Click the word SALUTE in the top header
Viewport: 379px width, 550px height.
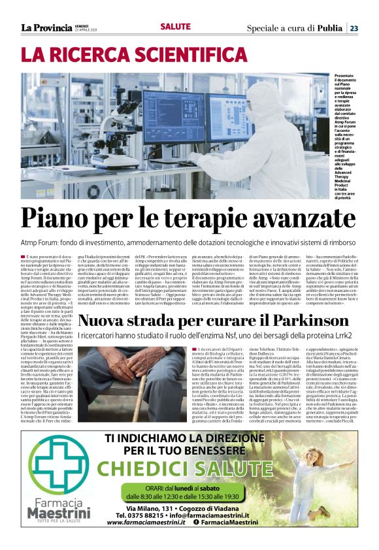tap(176, 26)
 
